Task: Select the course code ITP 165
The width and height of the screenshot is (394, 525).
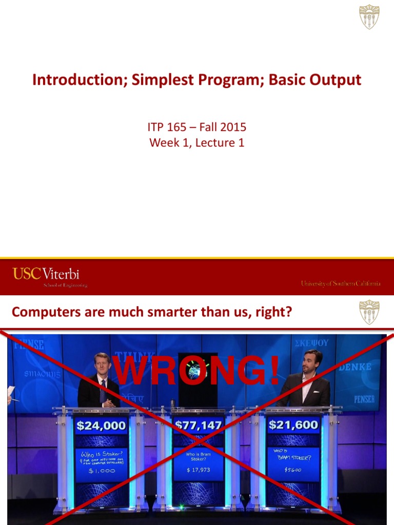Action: click(x=168, y=127)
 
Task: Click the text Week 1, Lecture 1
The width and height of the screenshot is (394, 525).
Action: click(x=196, y=143)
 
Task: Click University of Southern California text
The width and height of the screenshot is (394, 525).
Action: click(x=340, y=283)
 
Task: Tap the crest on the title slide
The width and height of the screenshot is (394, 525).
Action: click(x=369, y=16)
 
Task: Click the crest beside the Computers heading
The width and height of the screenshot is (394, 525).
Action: click(x=369, y=312)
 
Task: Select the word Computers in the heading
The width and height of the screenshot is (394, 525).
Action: click(x=46, y=312)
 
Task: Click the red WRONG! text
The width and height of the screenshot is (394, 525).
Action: click(x=196, y=371)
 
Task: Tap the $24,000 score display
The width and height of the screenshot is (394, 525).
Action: click(x=101, y=425)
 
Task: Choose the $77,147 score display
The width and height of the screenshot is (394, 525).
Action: click(x=198, y=425)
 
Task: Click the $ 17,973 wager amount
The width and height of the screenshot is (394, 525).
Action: click(x=198, y=470)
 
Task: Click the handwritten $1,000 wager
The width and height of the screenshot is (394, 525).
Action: click(x=101, y=470)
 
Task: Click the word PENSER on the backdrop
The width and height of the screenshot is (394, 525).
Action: click(x=364, y=398)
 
